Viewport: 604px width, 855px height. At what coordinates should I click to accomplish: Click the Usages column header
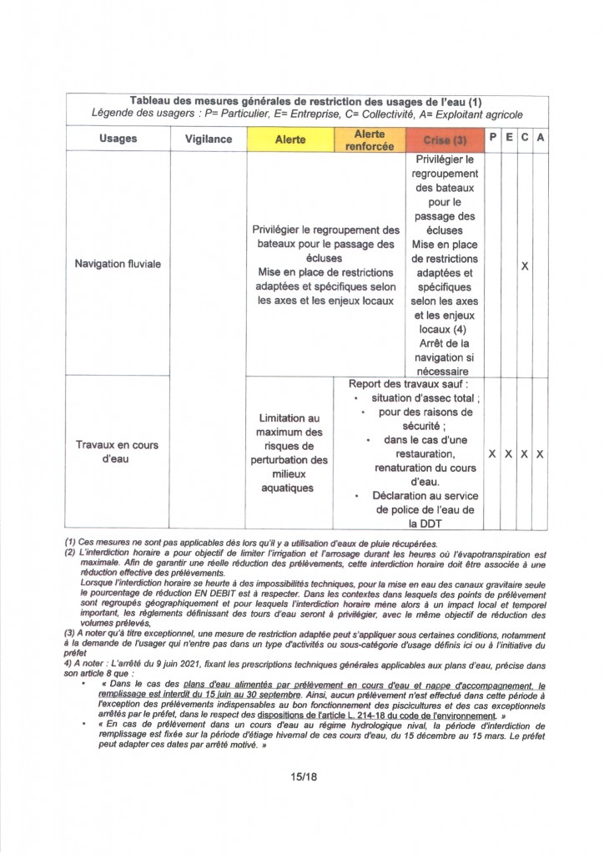click(x=118, y=139)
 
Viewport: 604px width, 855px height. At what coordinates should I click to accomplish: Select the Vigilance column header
click(x=209, y=139)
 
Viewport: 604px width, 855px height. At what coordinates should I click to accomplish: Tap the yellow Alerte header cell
click(x=290, y=139)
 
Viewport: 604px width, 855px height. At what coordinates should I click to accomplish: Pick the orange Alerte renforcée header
click(x=370, y=139)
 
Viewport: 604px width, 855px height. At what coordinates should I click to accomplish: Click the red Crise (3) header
click(x=445, y=139)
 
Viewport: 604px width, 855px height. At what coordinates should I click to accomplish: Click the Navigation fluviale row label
click(x=118, y=264)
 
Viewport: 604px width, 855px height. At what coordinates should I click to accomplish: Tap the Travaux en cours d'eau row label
click(x=118, y=452)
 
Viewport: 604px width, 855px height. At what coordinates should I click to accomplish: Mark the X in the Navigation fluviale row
click(x=525, y=266)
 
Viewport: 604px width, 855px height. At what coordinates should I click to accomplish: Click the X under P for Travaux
click(x=492, y=454)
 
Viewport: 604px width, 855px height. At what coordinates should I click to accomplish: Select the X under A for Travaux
click(x=541, y=454)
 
